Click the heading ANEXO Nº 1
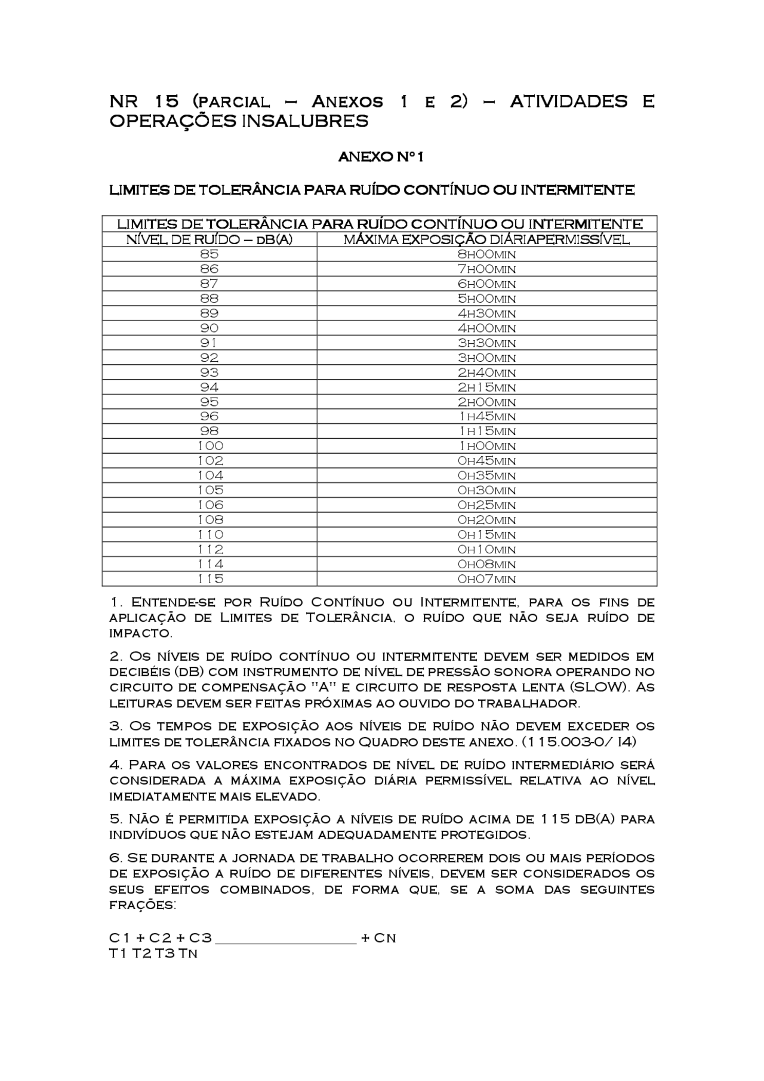click(x=381, y=157)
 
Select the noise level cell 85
click(x=209, y=254)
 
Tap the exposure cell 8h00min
click(x=486, y=254)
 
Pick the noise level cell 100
click(x=210, y=446)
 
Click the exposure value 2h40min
click(x=486, y=372)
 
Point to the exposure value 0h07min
click(x=486, y=579)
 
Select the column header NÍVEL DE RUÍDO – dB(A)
click(x=209, y=240)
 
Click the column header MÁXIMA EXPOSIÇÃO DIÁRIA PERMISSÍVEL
click(x=486, y=240)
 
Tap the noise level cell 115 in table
click(x=210, y=579)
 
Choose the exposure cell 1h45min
click(x=486, y=417)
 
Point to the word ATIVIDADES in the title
click(x=568, y=101)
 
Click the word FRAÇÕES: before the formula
click(x=143, y=905)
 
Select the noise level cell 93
click(x=209, y=372)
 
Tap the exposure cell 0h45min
click(x=486, y=461)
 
